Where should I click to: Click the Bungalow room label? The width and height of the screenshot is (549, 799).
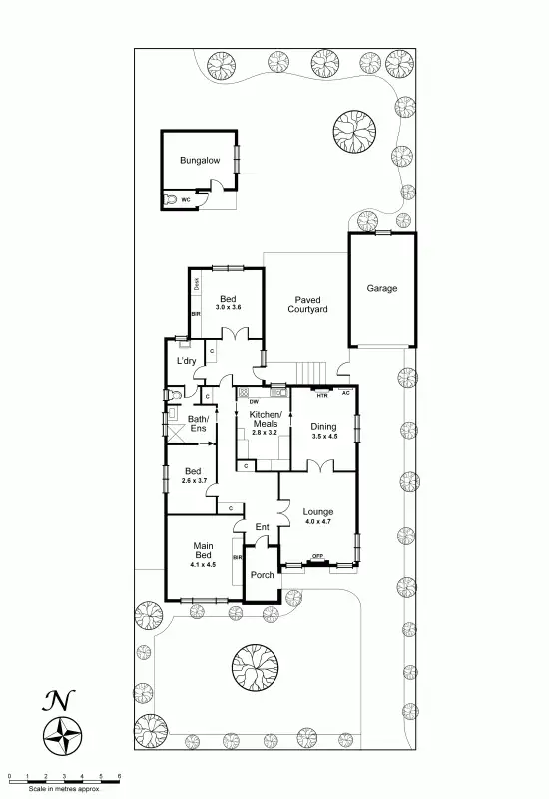pyautogui.click(x=199, y=160)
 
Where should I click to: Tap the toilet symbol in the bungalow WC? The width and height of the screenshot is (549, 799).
pyautogui.click(x=180, y=200)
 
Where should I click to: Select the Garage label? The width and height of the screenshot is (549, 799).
pyautogui.click(x=381, y=288)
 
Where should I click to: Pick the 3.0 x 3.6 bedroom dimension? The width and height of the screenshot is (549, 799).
pyautogui.click(x=228, y=308)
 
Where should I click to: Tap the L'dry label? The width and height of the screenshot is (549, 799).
pyautogui.click(x=186, y=361)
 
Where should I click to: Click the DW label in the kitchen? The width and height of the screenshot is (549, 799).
pyautogui.click(x=241, y=401)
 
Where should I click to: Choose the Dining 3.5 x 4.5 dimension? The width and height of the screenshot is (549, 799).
pyautogui.click(x=324, y=436)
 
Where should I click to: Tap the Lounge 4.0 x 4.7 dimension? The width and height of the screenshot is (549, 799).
pyautogui.click(x=318, y=521)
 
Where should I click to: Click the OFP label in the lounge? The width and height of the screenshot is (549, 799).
pyautogui.click(x=317, y=555)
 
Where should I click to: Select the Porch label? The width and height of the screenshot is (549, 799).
pyautogui.click(x=262, y=575)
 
